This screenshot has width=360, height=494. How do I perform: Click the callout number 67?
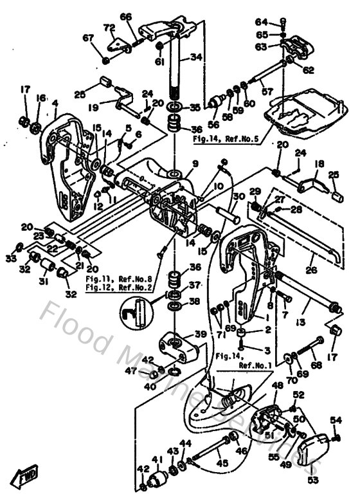point(87,39)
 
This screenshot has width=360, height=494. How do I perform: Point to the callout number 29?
point(255,192)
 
